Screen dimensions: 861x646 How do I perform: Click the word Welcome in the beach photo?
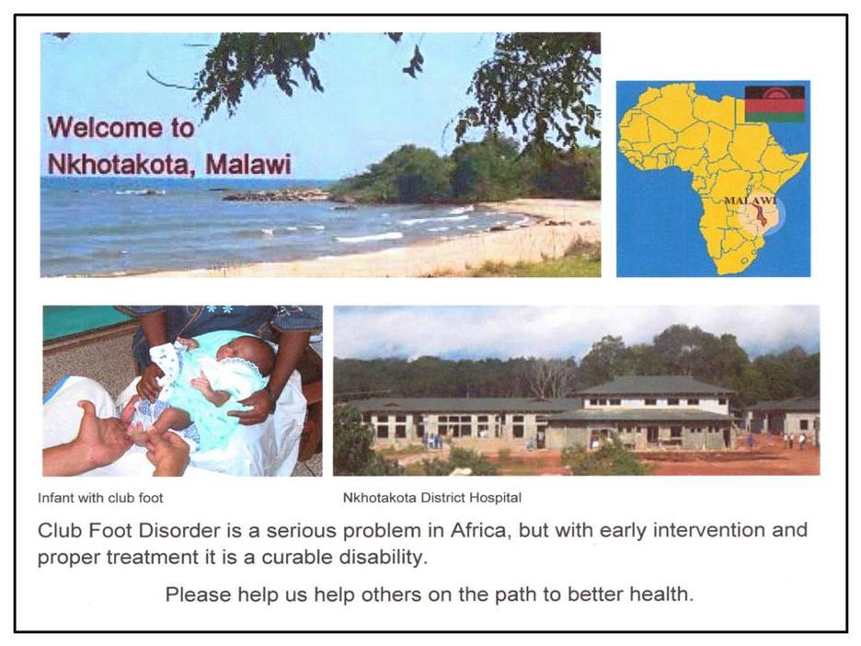(x=106, y=127)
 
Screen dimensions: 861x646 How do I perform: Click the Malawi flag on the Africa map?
(x=775, y=103)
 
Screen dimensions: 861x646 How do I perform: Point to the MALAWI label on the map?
(x=751, y=200)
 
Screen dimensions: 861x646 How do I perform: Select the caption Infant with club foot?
(x=100, y=498)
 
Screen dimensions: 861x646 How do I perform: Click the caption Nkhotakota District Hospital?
(x=432, y=498)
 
